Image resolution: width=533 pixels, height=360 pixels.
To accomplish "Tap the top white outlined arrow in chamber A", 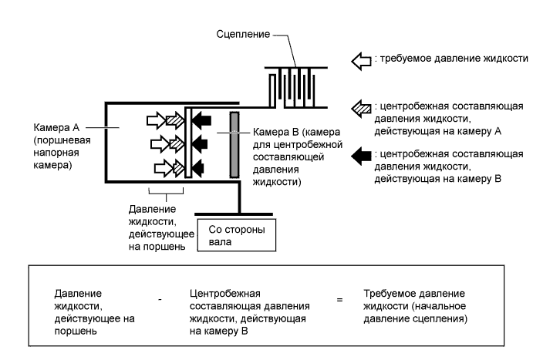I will click(x=156, y=119).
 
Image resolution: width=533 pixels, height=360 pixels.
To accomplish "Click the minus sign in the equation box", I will click(x=160, y=298).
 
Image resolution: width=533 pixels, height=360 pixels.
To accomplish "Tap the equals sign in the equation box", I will click(x=339, y=298).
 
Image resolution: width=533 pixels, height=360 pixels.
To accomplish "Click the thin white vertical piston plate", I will click(x=187, y=143).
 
